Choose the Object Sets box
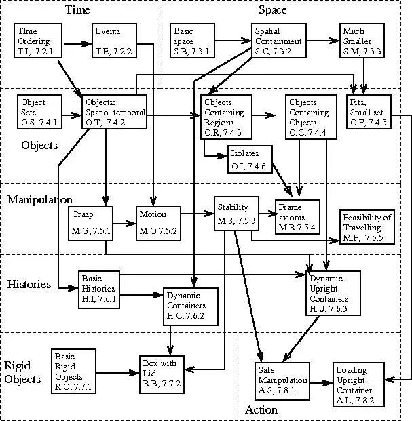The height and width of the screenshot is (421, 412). coord(41,111)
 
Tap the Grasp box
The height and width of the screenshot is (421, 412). coord(91,223)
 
